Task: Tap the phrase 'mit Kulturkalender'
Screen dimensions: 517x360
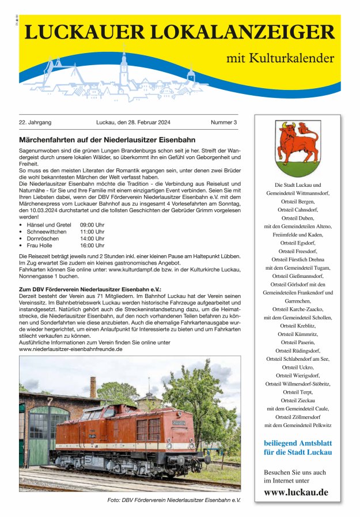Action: [280, 58]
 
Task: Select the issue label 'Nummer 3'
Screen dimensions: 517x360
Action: [224, 123]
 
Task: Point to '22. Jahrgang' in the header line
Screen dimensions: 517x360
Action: [35, 123]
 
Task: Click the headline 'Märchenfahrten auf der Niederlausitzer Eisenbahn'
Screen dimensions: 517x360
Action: [107, 140]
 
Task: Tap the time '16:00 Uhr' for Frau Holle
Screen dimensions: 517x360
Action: [92, 245]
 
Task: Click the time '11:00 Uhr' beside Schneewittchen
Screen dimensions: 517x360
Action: [92, 231]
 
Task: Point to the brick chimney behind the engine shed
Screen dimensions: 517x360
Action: [93, 387]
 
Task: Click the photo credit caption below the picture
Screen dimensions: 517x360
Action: [174, 500]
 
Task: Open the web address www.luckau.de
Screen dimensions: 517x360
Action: [296, 492]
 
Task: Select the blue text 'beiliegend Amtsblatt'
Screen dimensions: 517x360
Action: [297, 443]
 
